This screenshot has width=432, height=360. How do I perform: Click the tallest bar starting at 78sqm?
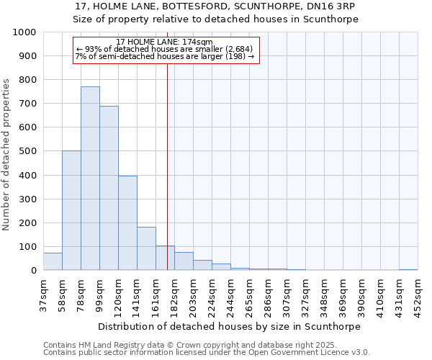click(90, 179)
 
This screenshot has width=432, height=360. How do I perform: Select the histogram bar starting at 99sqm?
click(109, 188)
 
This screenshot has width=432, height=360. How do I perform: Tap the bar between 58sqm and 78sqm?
click(71, 210)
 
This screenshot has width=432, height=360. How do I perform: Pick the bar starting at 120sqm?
click(127, 223)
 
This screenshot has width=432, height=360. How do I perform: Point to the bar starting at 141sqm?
click(146, 248)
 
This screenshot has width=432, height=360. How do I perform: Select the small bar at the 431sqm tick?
click(408, 269)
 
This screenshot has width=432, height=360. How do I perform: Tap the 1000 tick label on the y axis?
click(24, 32)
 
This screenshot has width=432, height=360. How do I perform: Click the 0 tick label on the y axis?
click(33, 271)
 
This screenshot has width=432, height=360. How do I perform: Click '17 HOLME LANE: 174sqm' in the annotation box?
click(164, 42)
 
